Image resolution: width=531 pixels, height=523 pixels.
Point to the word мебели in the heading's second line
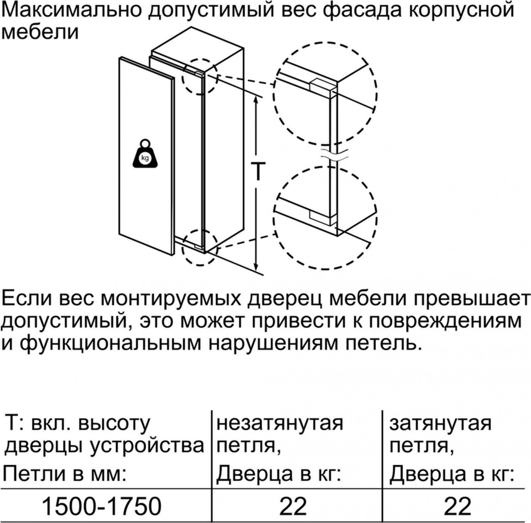(40, 32)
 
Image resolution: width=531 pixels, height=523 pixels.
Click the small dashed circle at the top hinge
(200, 77)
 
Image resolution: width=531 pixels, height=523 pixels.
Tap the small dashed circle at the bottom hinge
(200, 247)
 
